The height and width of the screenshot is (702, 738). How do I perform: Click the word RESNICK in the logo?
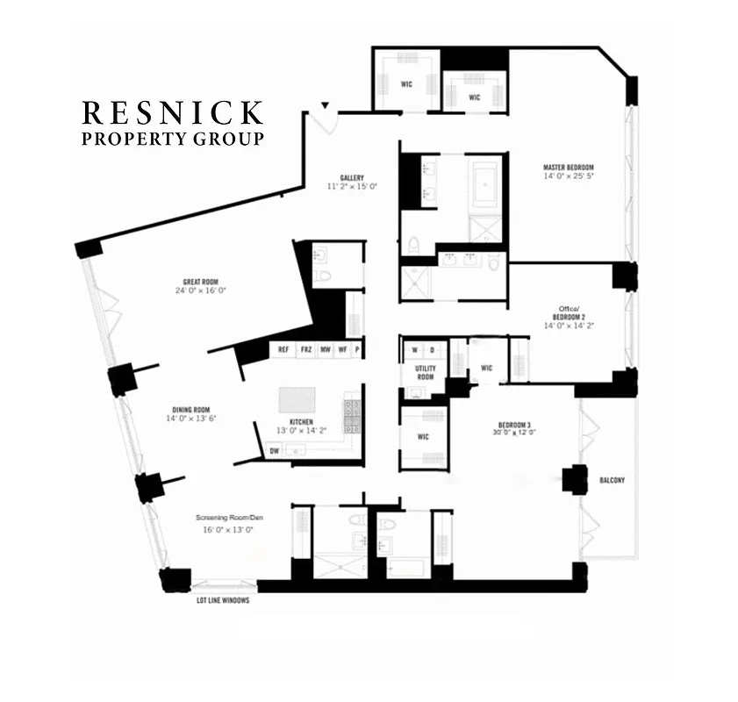pos(172,113)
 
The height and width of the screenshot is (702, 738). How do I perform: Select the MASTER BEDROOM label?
pos(568,168)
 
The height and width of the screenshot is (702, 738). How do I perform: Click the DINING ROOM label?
pos(190,409)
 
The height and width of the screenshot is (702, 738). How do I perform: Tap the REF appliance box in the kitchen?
pos(283,349)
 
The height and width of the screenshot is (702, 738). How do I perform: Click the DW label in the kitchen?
pos(275,450)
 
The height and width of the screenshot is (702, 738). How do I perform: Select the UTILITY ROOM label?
pos(425,372)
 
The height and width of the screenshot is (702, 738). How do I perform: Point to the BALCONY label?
pos(612,480)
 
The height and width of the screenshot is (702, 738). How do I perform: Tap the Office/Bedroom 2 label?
pos(568,314)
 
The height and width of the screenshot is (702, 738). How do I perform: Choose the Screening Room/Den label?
pos(229,518)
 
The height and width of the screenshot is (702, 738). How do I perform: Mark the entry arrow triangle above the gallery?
pos(326,106)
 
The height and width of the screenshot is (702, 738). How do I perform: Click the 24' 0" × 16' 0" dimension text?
pos(201,290)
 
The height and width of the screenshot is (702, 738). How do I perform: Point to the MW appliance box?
pos(325,349)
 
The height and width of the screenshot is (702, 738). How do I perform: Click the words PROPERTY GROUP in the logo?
pos(172,139)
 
